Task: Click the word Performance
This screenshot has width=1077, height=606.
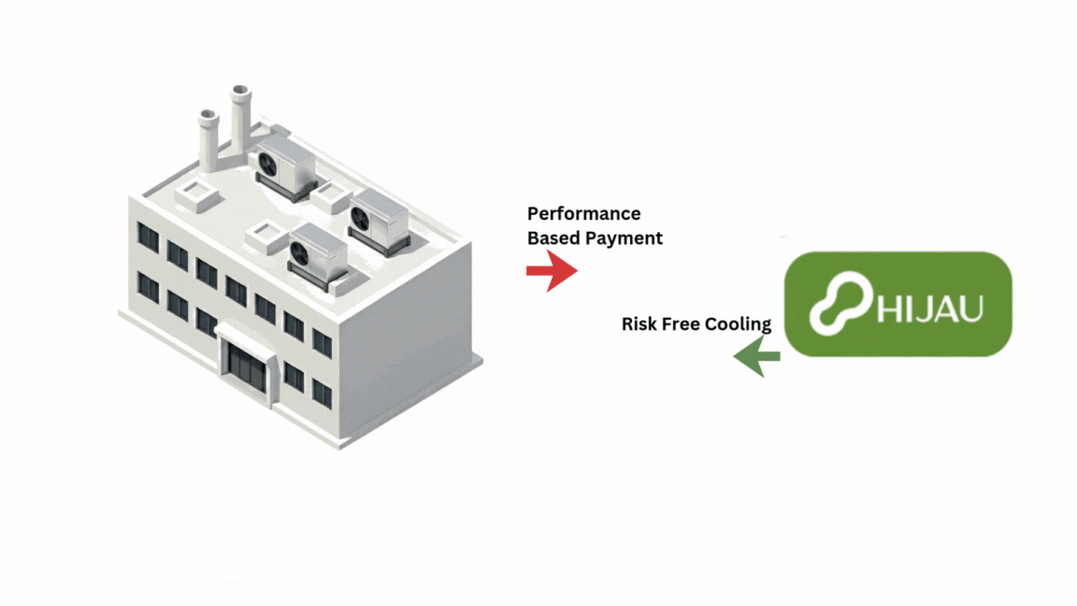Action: pyautogui.click(x=583, y=214)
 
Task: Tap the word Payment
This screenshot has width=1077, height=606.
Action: pyautogui.click(x=624, y=238)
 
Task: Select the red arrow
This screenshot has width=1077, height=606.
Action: pyautogui.click(x=552, y=271)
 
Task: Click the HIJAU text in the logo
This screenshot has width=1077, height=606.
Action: pyautogui.click(x=930, y=307)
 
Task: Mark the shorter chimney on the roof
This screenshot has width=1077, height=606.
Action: pyautogui.click(x=207, y=140)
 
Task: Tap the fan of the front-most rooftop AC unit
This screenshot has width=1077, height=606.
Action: pyautogui.click(x=301, y=252)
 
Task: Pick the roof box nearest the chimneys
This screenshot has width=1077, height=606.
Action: pyautogui.click(x=197, y=194)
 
